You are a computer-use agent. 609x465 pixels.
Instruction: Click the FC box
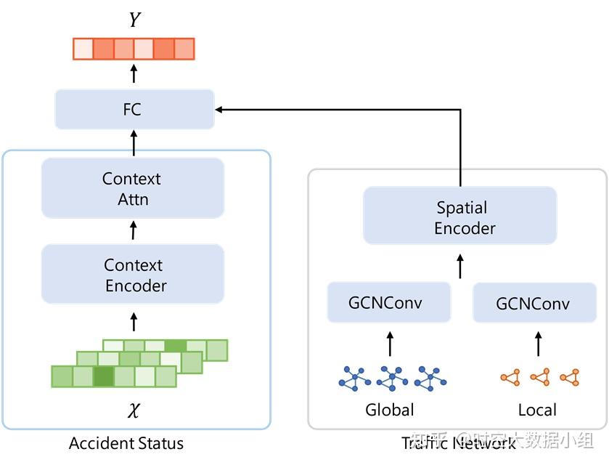coord(134,110)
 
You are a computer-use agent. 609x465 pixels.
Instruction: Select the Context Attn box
coord(132,188)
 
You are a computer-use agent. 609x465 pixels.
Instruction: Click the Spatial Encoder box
coord(460,217)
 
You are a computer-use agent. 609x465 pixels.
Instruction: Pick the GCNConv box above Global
coord(388,302)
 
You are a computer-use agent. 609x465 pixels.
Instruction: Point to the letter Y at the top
coord(134,20)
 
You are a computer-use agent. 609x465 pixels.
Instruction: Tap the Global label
coord(390,410)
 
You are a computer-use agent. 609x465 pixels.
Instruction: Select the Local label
coord(537,410)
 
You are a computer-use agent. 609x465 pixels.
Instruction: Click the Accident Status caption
coord(126,443)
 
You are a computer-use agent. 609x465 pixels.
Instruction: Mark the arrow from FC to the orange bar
coord(134,73)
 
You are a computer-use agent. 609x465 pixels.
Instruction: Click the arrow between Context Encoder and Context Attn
coord(133,231)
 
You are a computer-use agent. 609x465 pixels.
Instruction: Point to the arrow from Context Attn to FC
coord(134,143)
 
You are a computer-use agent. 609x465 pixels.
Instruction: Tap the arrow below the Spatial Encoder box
coord(460,266)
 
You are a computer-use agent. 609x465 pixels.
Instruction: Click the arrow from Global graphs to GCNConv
coord(390,344)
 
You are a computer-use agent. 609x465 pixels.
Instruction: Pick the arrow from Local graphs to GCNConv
coord(538,344)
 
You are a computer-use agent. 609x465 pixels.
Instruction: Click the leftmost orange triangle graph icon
coord(510,378)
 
